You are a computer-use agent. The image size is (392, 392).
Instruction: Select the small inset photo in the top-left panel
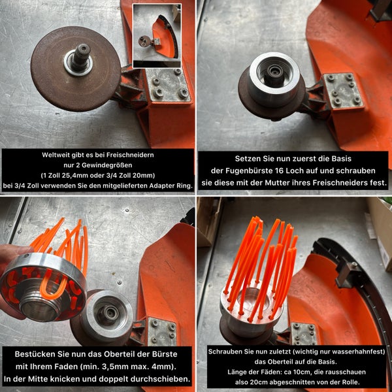pos(157,36)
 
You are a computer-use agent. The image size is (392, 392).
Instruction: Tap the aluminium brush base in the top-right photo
pos(274,78)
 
